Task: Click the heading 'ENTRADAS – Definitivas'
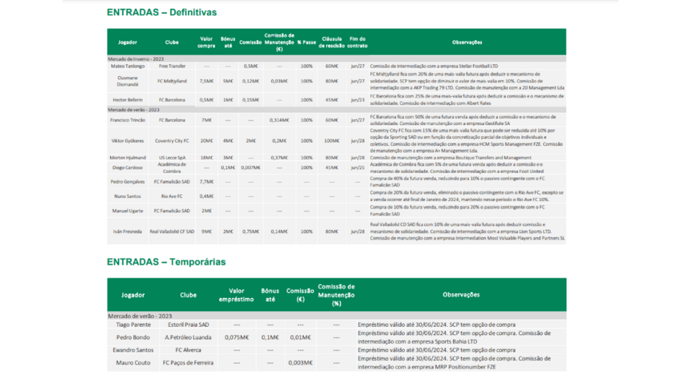(161, 13)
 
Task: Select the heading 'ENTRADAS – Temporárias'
(166, 262)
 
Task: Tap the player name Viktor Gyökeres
(127, 140)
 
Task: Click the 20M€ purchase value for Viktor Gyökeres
(206, 140)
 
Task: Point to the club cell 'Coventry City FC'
(171, 140)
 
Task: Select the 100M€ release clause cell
(332, 140)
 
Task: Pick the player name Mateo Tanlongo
(127, 66)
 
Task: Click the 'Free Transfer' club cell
(171, 66)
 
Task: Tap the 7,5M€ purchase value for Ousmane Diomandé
(206, 81)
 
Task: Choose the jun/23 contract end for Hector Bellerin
(358, 99)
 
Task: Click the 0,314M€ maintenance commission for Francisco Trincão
(279, 120)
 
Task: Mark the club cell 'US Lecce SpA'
(171, 157)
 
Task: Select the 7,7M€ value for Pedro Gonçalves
(206, 181)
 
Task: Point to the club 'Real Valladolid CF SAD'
(171, 231)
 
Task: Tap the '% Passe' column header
(307, 42)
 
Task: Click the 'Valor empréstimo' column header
(237, 295)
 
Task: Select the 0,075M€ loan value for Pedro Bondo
(237, 337)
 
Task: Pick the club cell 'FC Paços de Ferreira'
(188, 362)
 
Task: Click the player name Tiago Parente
(133, 325)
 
